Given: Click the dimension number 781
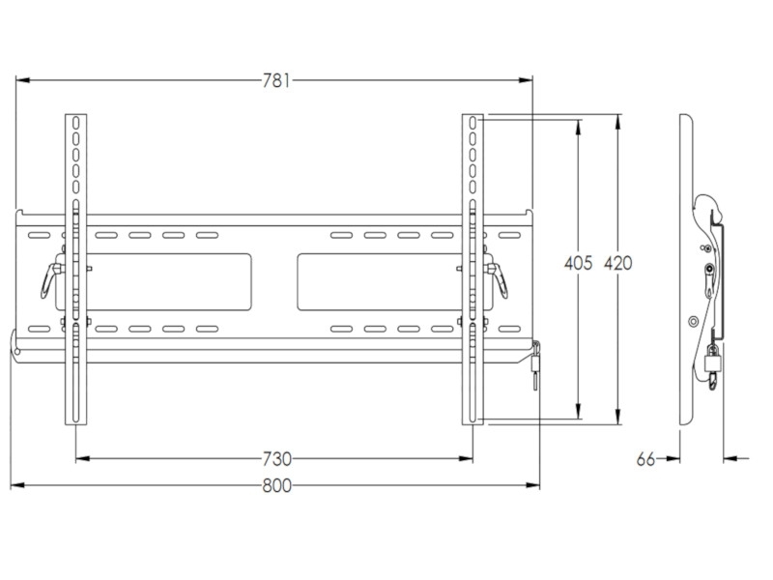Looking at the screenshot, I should [275, 81].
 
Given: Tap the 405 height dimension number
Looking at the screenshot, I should [578, 263].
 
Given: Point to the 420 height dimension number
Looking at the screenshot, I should [618, 263].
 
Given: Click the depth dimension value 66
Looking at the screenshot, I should [646, 459].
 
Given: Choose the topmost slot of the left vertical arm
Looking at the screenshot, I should [74, 124].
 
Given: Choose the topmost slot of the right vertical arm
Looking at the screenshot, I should [472, 124].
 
